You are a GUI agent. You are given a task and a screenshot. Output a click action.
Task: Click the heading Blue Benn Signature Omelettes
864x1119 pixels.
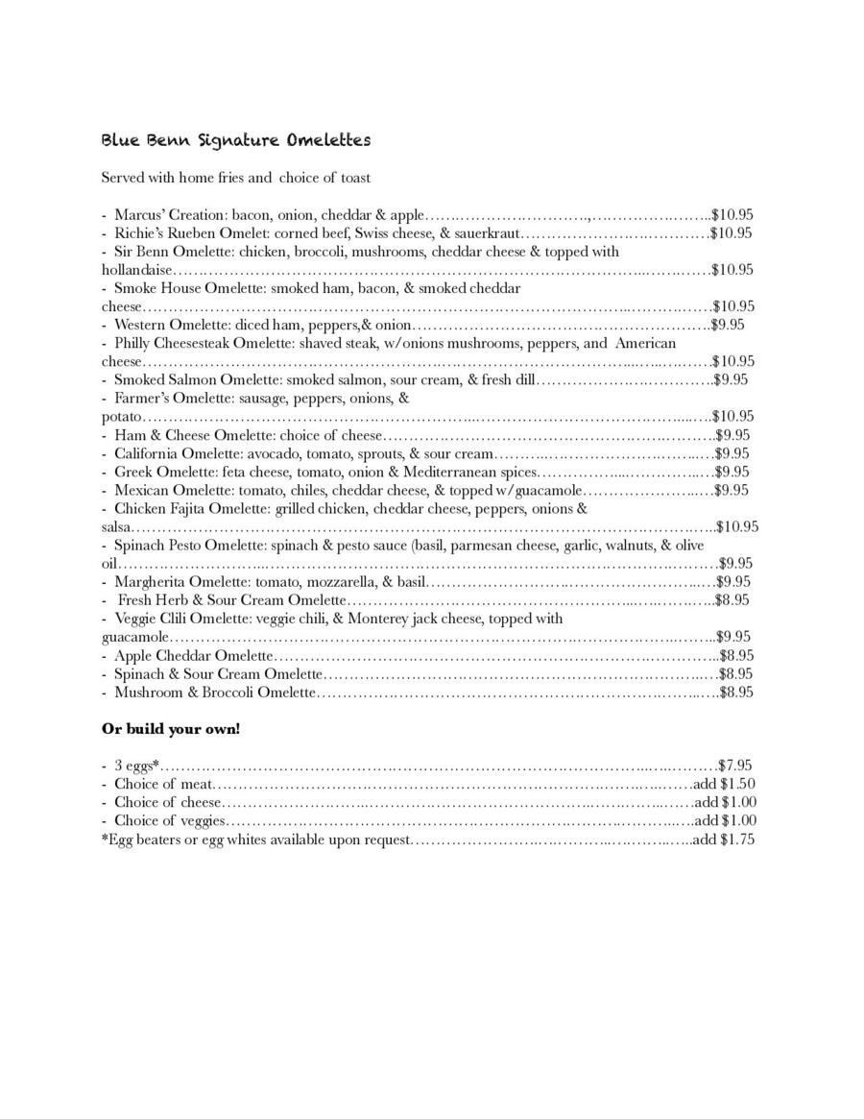click(x=236, y=140)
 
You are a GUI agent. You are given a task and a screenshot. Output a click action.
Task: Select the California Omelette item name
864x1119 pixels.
click(x=179, y=453)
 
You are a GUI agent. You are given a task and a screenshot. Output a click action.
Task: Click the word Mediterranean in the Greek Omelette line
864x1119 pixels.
click(x=466, y=472)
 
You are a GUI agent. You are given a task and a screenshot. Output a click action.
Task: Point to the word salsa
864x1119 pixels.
click(x=116, y=526)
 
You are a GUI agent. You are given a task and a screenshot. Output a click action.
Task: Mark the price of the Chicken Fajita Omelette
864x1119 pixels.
click(x=738, y=526)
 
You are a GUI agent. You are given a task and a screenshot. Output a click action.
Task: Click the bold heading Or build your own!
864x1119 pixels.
click(x=171, y=729)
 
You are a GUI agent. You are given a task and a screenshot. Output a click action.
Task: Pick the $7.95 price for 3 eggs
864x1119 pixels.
click(x=735, y=766)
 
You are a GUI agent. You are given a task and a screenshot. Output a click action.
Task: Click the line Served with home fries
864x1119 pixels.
click(x=236, y=178)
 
